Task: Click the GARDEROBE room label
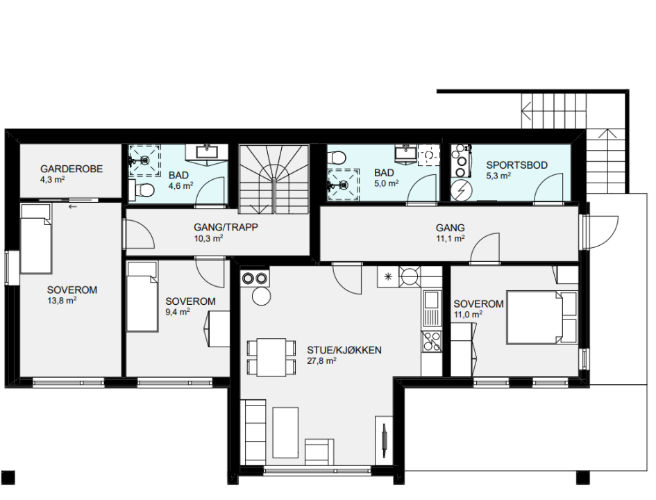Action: pos(72,169)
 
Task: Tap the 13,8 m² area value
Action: pos(62,301)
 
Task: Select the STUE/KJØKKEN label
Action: pos(344,350)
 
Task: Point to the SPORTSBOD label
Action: pos(516,165)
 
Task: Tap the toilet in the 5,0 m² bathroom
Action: pos(337,157)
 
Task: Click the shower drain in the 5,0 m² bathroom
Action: pos(344,184)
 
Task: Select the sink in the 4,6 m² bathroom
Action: pos(207,151)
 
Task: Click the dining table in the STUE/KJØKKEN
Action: pos(271,358)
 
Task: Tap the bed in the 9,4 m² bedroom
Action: pos(143,297)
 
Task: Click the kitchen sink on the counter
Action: pos(431,308)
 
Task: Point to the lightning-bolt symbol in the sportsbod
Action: pos(462,191)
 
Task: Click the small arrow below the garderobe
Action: pos(73,206)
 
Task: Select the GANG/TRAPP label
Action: pos(226,227)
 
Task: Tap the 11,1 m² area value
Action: pos(451,238)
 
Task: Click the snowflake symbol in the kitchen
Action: pos(388,276)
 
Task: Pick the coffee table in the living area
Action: pos(286,433)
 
